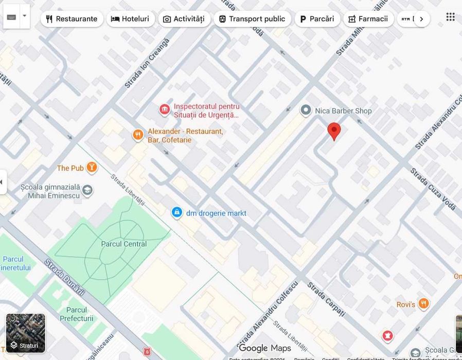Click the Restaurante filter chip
pyautogui.click(x=72, y=19)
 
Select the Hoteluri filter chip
pyautogui.click(x=130, y=19)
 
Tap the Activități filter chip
pyautogui.click(x=184, y=19)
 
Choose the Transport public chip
pyautogui.click(x=252, y=19)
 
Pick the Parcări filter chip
pyautogui.click(x=317, y=19)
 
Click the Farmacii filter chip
pyautogui.click(x=368, y=19)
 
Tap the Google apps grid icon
pyautogui.click(x=450, y=17)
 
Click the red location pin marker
pyautogui.click(x=334, y=131)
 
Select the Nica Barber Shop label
pyautogui.click(x=343, y=111)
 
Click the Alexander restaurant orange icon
pyautogui.click(x=138, y=135)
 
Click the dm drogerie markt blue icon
pyautogui.click(x=177, y=212)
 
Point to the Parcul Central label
pyautogui.click(x=124, y=244)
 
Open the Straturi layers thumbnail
pyautogui.click(x=26, y=333)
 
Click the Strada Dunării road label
pyautogui.click(x=64, y=277)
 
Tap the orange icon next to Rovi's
pyautogui.click(x=423, y=303)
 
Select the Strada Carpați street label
pyautogui.click(x=326, y=299)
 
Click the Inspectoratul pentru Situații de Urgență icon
pyautogui.click(x=165, y=110)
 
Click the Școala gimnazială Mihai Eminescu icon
pyautogui.click(x=87, y=190)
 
